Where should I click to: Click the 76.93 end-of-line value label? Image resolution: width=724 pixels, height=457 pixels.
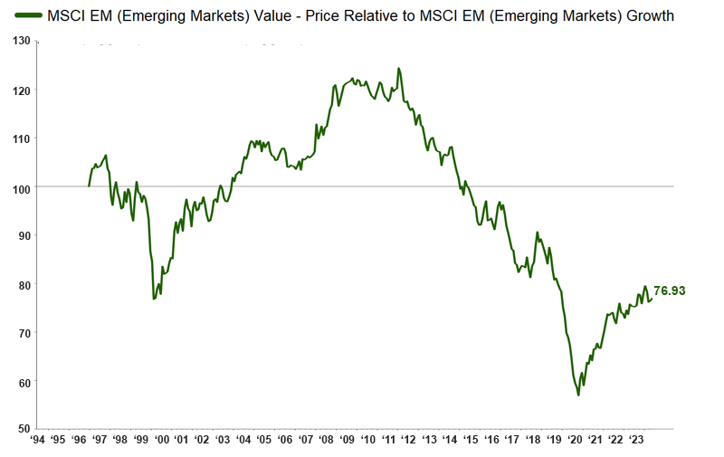coord(669,291)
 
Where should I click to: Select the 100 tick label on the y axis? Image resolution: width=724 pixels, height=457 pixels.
coord(23,187)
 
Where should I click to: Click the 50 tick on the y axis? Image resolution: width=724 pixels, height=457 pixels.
coord(25,429)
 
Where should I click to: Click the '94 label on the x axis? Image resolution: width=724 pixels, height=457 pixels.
coord(38,441)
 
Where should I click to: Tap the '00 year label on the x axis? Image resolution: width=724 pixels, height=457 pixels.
coord(161,441)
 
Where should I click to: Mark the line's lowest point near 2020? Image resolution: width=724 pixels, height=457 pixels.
coord(578,395)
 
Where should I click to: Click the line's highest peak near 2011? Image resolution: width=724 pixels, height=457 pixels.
coord(398,69)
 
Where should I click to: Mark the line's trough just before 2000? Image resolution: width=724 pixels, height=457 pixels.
coord(154,299)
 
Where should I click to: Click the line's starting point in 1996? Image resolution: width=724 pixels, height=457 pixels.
coord(89,186)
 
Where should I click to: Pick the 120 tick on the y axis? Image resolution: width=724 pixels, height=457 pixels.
coord(23,90)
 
